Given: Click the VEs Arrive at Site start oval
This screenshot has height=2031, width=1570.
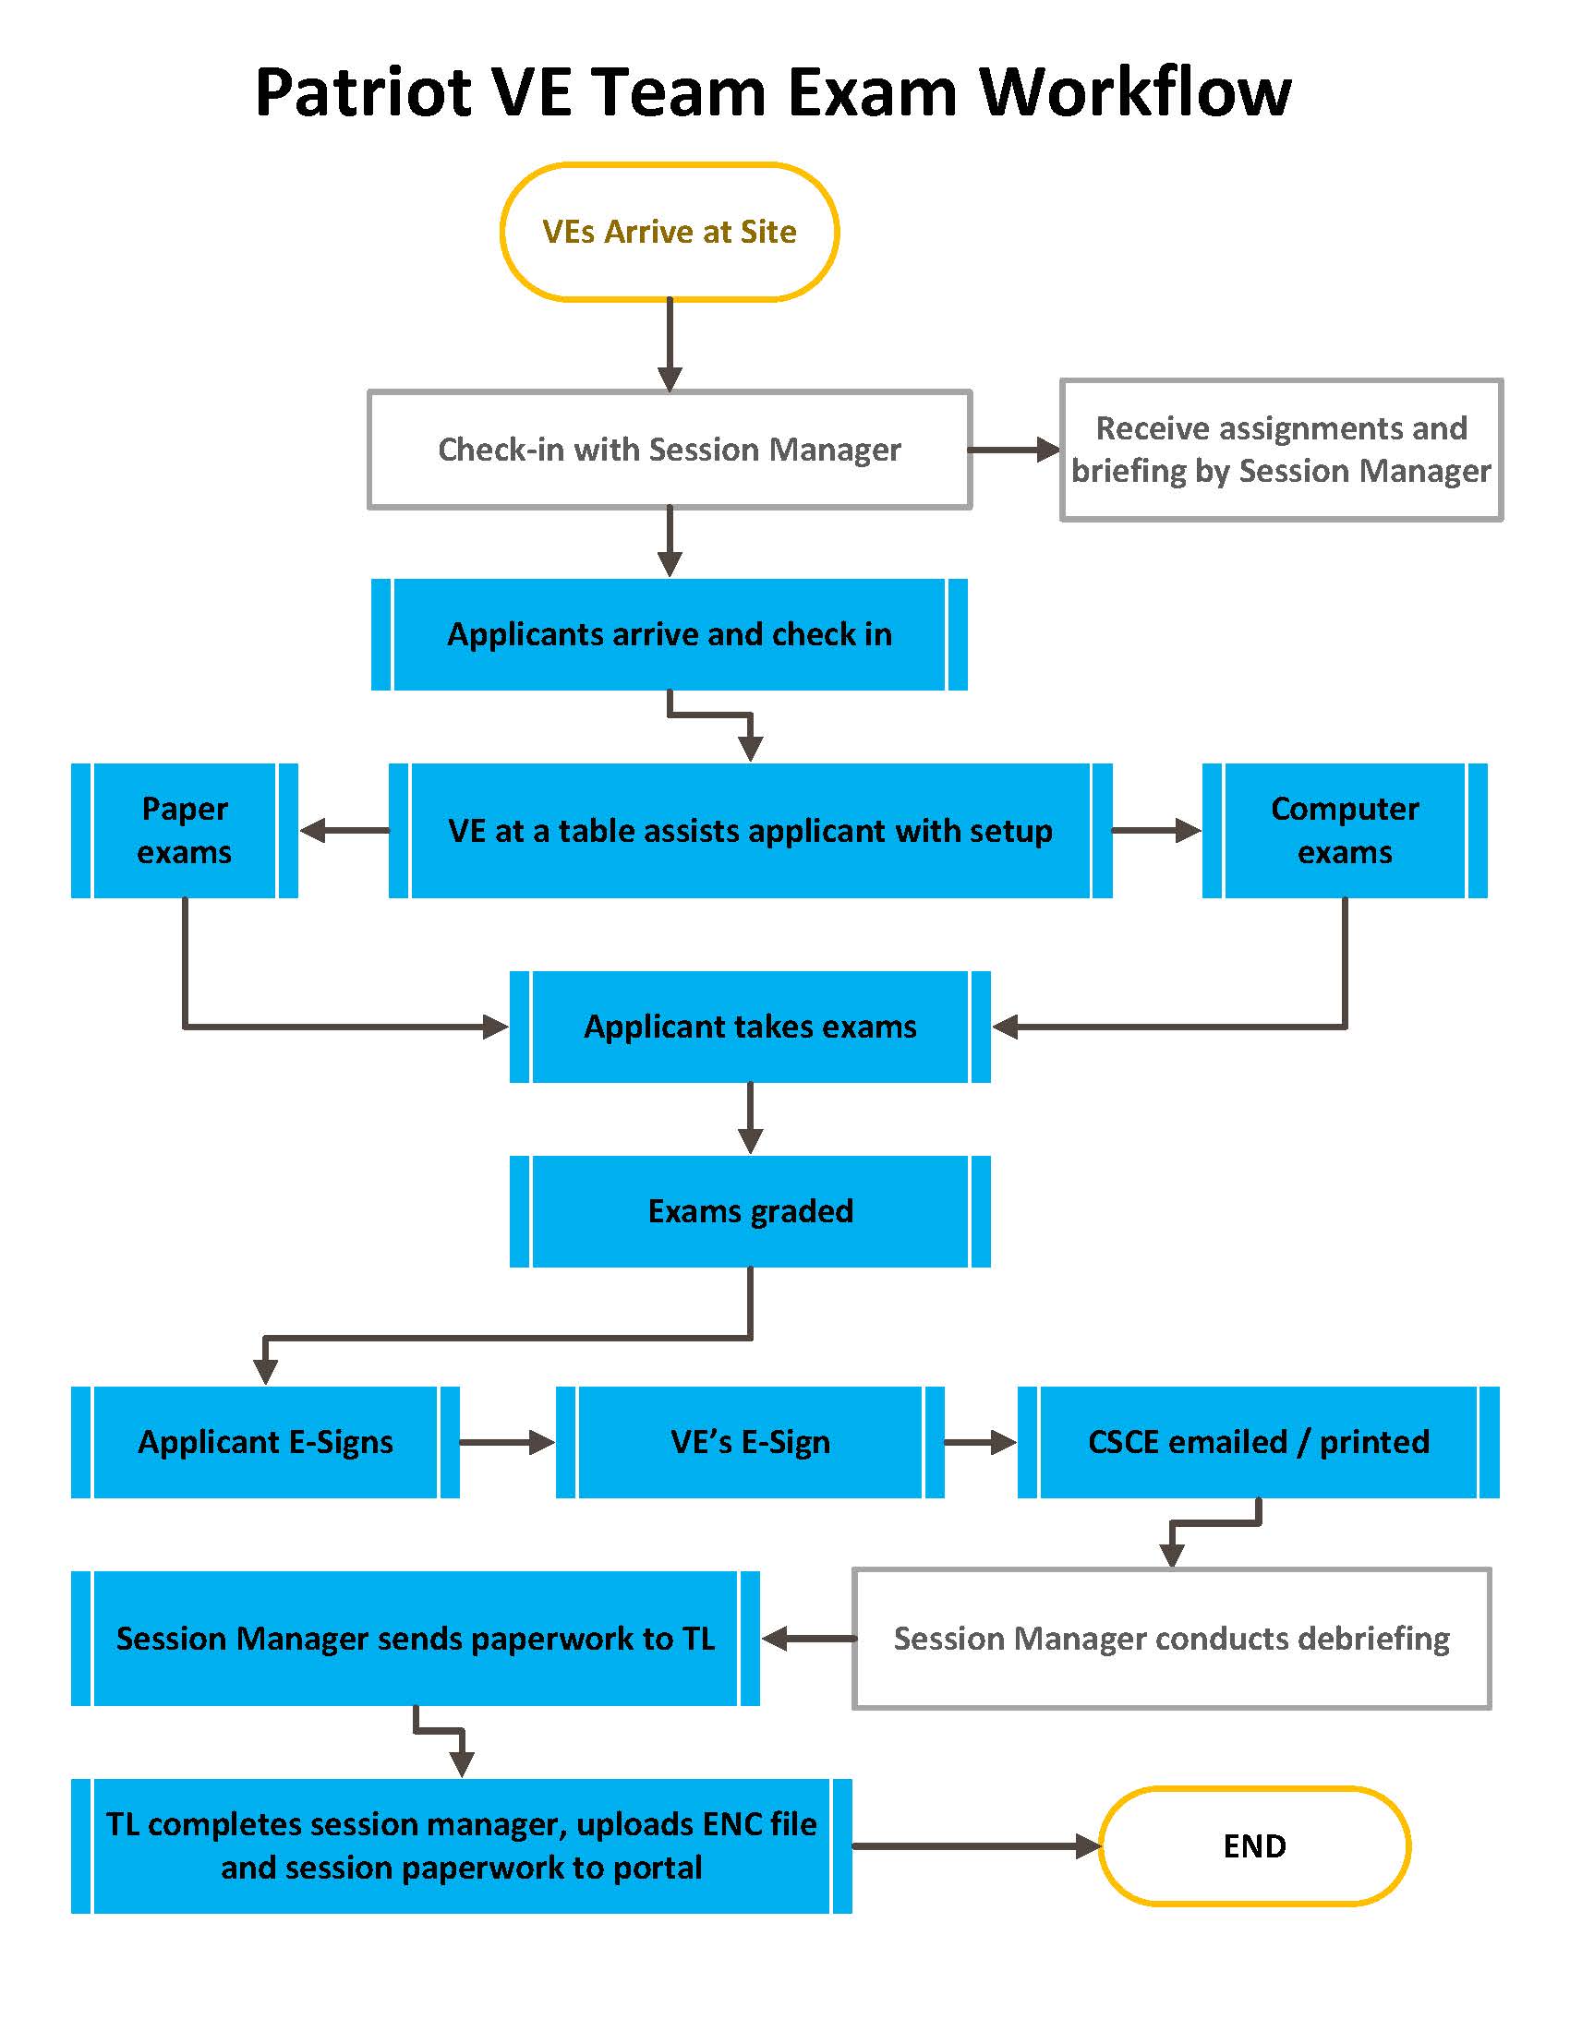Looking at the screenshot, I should click(x=670, y=232).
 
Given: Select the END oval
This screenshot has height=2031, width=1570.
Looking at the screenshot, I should click(x=1254, y=1846).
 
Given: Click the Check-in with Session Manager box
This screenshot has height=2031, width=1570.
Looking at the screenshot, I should click(x=670, y=451).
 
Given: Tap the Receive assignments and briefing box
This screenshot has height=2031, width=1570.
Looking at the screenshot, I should click(x=1281, y=451).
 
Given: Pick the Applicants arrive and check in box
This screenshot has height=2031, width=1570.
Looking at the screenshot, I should click(x=670, y=634).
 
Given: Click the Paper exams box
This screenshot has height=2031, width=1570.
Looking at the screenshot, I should click(x=184, y=831).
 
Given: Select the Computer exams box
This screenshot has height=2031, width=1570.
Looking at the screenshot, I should click(x=1344, y=831).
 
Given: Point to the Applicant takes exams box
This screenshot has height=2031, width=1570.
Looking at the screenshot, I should click(x=750, y=1027).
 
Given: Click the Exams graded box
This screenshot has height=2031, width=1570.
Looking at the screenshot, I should click(x=750, y=1212).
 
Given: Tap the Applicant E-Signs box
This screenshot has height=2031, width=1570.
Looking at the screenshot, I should click(x=265, y=1442).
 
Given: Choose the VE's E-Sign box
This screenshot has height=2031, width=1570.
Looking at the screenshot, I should click(x=750, y=1442).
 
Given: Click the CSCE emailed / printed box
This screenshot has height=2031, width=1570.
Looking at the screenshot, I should click(x=1258, y=1442).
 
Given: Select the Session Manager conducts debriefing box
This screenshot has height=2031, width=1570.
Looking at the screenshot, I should click(x=1171, y=1639).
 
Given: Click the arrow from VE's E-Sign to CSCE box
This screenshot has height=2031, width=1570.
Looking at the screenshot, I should click(x=980, y=1442).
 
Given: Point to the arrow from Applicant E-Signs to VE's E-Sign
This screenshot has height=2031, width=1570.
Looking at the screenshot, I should click(x=507, y=1442).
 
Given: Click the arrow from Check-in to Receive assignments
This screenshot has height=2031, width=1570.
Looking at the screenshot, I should click(x=1014, y=451).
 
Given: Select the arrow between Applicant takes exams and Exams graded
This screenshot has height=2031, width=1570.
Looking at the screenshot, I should click(x=750, y=1119).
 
